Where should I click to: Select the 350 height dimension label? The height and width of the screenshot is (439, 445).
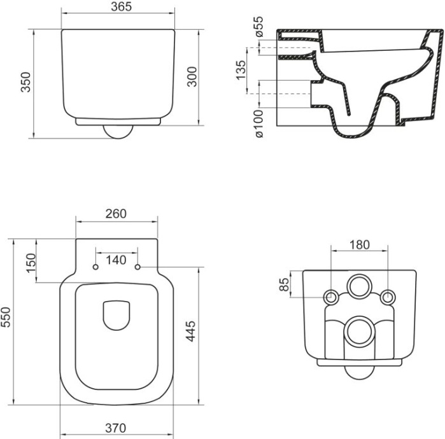click(26, 81)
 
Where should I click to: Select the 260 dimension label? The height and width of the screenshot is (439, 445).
click(117, 214)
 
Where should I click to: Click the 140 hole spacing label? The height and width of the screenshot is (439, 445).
click(117, 259)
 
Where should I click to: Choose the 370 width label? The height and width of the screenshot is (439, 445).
click(117, 428)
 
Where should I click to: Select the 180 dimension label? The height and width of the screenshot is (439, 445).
click(359, 245)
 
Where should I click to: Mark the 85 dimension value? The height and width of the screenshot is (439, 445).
click(285, 284)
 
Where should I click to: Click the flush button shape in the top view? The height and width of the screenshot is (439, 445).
click(117, 314)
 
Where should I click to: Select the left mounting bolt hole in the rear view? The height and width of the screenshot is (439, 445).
click(331, 296)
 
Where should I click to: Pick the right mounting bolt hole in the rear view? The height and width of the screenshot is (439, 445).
click(386, 296)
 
